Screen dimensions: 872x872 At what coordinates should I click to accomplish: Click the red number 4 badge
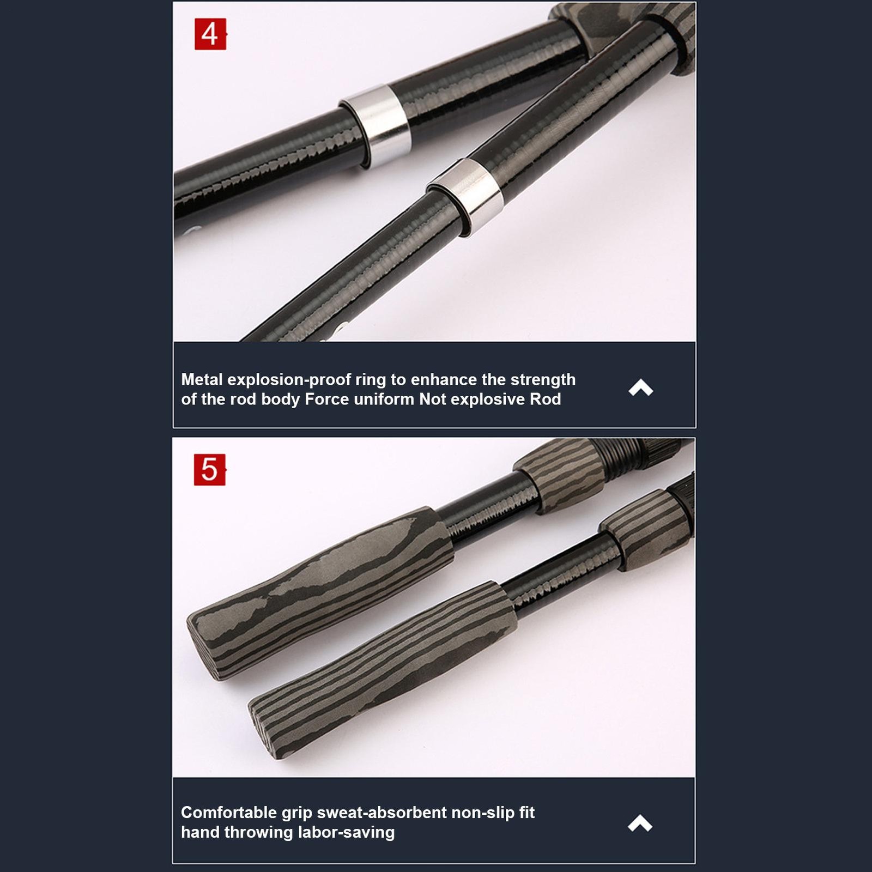(x=210, y=34)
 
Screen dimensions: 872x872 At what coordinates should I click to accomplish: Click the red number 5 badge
(x=210, y=470)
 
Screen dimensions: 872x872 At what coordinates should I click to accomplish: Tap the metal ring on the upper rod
(x=376, y=127)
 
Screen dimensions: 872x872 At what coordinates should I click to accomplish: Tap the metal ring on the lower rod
(x=465, y=197)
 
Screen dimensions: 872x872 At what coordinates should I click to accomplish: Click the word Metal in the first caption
(x=202, y=379)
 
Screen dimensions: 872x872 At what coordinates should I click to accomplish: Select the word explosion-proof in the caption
(x=289, y=380)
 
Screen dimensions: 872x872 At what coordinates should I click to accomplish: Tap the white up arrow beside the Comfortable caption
(x=640, y=822)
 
